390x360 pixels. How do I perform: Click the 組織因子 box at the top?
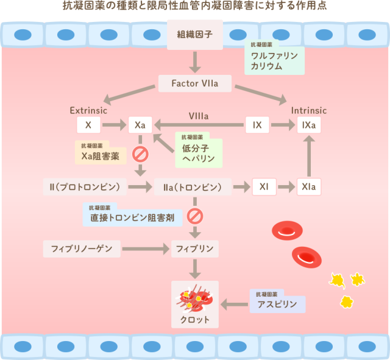pos(195,34)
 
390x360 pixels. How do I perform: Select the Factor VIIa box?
pos(195,83)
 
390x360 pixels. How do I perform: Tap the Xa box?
pos(140,125)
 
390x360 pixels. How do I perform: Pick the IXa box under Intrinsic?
pos(308,125)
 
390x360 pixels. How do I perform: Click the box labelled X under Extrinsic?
pos(88,125)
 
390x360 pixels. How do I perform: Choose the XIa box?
pos(308,186)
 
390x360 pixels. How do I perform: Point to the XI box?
pos(264,186)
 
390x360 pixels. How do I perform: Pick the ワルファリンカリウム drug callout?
pos(274,58)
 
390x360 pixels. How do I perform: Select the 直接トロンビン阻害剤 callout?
pos(132,216)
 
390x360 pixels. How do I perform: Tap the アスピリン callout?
pos(277,302)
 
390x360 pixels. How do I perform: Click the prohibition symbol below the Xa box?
pos(140,153)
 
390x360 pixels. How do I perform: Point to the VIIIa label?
pos(199,116)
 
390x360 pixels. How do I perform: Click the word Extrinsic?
pos(88,111)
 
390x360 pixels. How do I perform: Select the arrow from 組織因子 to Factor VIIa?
pos(195,60)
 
